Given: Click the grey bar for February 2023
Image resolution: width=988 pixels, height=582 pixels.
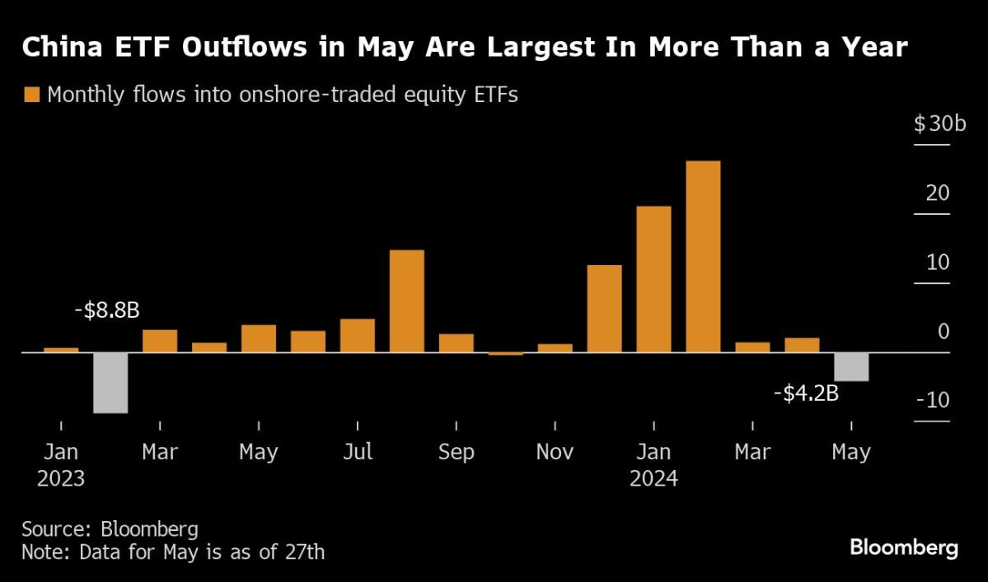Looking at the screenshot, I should point(110,383).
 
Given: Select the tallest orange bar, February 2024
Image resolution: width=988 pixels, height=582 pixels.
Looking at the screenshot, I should point(703,257).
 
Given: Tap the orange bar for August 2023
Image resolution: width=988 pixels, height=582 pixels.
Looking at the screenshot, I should point(406,301).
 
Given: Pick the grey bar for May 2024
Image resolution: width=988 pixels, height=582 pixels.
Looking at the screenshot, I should point(851,367).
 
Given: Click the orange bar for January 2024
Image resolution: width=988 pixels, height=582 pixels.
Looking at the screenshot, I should point(653,279).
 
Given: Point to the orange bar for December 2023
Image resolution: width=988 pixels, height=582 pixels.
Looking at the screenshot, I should point(604,309).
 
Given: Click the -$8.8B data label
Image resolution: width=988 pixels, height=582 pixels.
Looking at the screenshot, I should point(106,311).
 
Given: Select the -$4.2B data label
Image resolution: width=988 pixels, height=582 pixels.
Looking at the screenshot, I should point(806,393).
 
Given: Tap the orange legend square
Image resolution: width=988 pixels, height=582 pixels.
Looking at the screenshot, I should point(32,95).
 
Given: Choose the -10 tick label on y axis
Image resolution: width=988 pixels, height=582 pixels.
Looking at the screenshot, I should point(933,401).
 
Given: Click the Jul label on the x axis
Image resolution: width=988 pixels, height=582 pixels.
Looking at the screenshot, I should point(357,452).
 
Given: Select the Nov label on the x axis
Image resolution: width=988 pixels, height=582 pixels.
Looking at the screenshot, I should point(555,452).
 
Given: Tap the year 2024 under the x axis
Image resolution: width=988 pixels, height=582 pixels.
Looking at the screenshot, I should point(653,478).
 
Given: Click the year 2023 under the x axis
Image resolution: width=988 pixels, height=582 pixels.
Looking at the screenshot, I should point(61,478).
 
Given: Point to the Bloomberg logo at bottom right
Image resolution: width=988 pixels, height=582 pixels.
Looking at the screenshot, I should point(904,547).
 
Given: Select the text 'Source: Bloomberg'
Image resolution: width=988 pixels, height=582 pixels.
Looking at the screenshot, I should point(110,528).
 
